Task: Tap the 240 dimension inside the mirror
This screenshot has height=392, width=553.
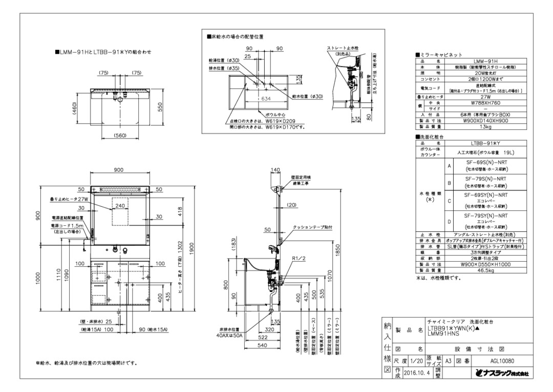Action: click(x=120, y=205)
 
